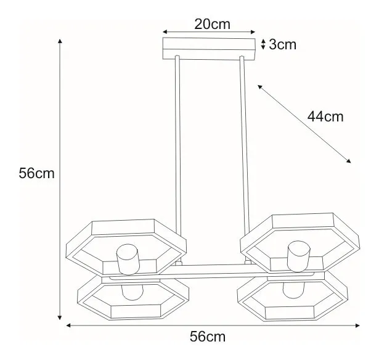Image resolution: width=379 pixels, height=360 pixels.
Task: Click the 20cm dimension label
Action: pyautogui.click(x=212, y=24)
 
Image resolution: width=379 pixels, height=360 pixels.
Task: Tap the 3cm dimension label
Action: pyautogui.click(x=282, y=44)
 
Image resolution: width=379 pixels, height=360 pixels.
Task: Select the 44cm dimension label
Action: pyautogui.click(x=325, y=117)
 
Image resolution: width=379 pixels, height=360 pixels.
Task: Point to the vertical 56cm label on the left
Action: pyautogui.click(x=37, y=173)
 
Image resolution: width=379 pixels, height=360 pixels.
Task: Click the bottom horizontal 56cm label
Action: pyautogui.click(x=208, y=337)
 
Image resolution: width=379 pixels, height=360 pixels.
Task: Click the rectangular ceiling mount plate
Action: pyautogui.click(x=209, y=49)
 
